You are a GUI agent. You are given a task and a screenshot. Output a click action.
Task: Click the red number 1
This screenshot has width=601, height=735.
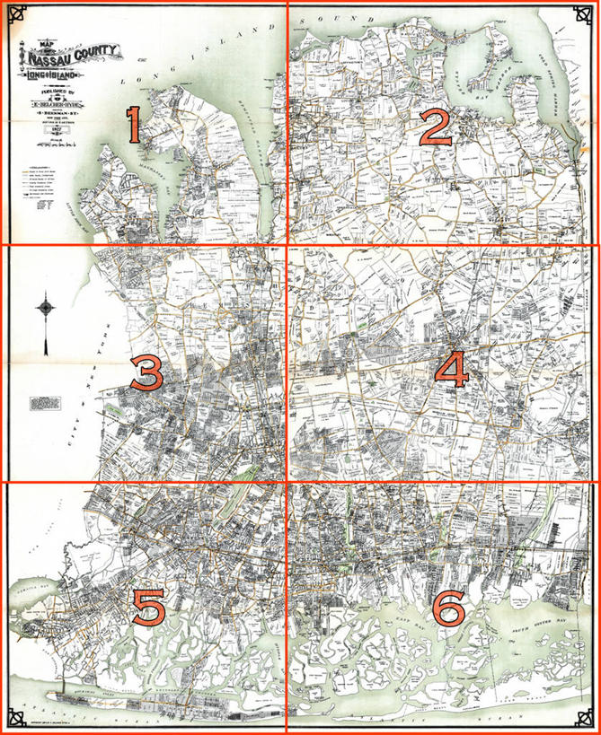[x=133, y=125]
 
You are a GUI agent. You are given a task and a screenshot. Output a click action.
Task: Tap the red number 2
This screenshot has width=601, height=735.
[x=436, y=129]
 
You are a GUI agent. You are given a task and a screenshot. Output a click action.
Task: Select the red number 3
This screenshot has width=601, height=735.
[x=146, y=372]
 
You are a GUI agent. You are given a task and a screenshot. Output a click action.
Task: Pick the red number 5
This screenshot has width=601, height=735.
[x=148, y=608]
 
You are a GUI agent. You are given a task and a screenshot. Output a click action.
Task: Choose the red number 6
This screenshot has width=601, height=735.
[x=448, y=609]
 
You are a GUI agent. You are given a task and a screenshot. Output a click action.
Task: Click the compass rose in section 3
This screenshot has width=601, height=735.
[x=46, y=310]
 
